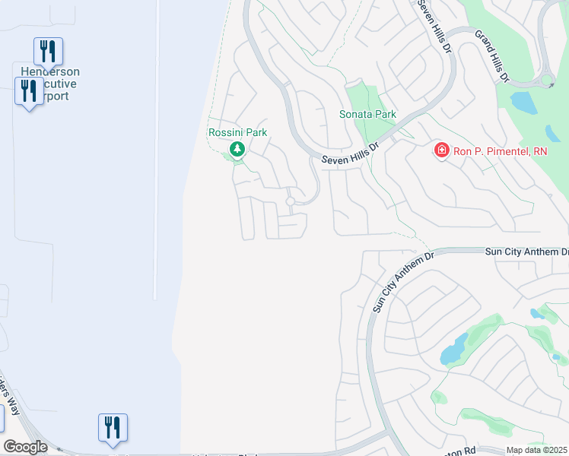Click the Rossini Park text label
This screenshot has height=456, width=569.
tap(238, 132)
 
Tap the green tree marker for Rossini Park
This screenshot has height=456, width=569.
tap(238, 149)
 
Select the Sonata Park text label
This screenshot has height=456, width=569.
tap(367, 115)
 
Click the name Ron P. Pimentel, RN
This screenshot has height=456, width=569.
tap(500, 151)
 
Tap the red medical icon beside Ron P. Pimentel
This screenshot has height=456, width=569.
tap(440, 151)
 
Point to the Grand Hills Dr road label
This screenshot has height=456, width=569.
tap(491, 55)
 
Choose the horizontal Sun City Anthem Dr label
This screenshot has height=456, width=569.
tap(526, 251)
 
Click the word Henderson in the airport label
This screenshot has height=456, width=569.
tap(50, 72)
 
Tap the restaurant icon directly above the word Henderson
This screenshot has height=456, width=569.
tap(48, 51)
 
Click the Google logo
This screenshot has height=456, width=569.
tap(25, 447)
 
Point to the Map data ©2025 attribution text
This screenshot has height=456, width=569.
tap(536, 450)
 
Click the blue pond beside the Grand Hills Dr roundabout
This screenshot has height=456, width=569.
tap(523, 102)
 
